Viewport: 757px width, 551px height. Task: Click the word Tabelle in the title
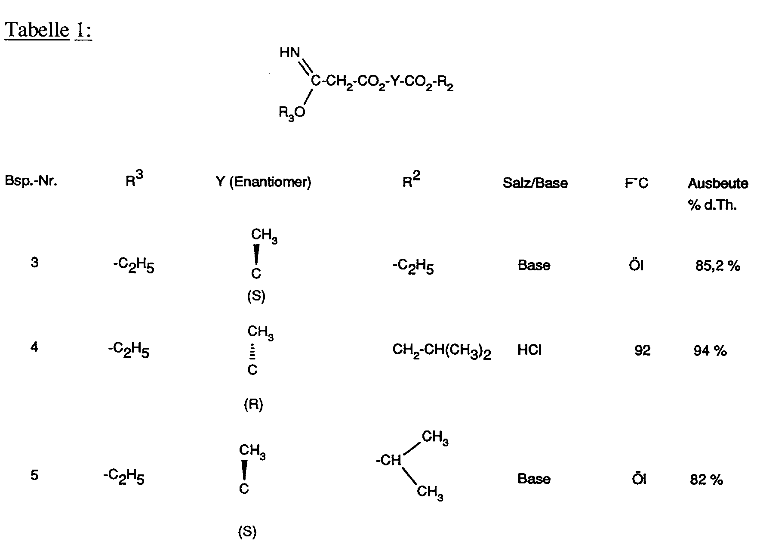37,30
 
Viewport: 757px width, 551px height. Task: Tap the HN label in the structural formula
289,53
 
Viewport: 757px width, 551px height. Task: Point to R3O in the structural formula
292,113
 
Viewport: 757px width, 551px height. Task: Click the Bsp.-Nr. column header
31,181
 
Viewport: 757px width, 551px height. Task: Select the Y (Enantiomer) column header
263,183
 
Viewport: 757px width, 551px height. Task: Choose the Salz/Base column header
535,183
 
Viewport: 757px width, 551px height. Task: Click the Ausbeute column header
718,184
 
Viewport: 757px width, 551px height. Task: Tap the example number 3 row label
34,263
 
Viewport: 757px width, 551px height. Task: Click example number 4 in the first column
34,347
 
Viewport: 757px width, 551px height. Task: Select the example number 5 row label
34,475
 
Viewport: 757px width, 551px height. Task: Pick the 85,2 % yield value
718,266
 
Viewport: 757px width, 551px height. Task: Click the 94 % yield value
710,351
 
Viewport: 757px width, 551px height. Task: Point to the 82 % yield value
707,480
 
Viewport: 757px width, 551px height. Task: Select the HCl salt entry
529,350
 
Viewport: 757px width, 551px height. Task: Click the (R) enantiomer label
253,405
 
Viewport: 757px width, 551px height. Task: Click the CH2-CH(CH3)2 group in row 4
442,351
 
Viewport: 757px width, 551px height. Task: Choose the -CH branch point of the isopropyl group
389,461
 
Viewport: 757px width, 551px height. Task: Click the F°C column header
637,183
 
